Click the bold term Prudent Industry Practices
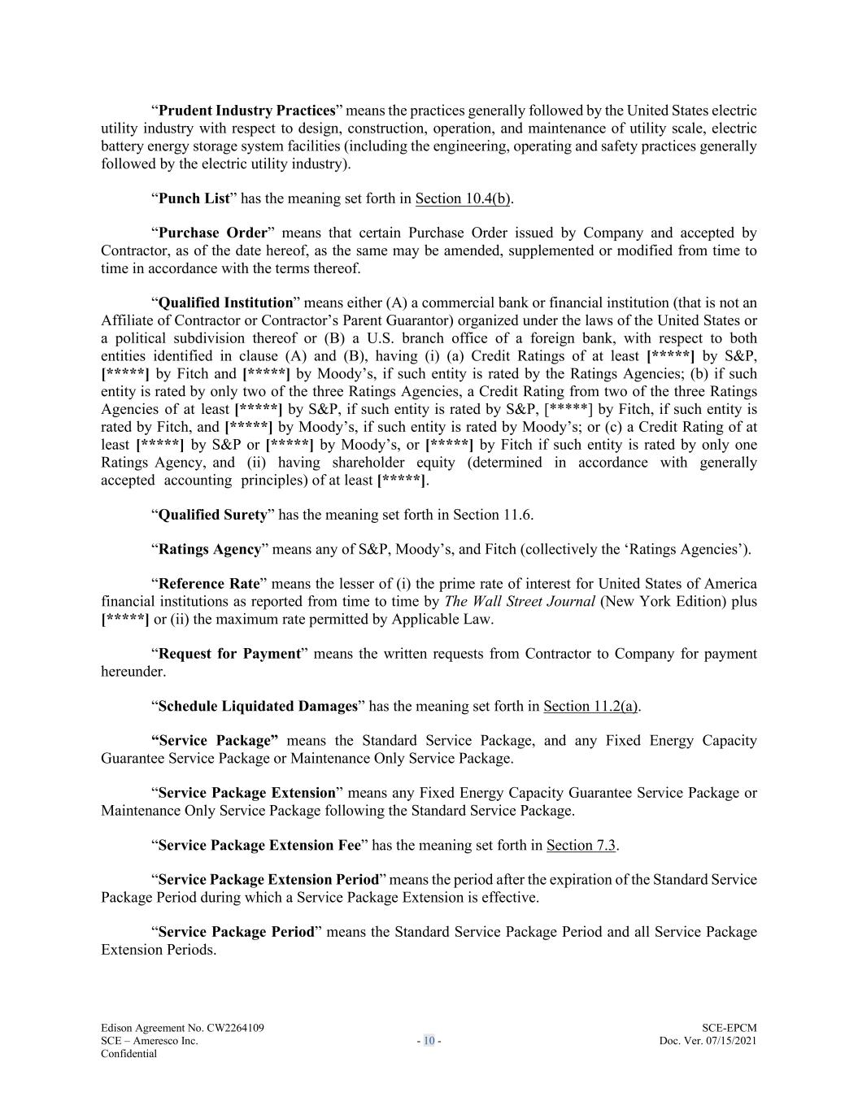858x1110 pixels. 247,111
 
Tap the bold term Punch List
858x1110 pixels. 194,198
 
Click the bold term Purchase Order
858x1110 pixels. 213,233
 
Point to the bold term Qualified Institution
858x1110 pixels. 225,303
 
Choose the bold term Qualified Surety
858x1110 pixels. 212,515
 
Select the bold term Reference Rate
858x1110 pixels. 209,584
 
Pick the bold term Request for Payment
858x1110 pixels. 229,654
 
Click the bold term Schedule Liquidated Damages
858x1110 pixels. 258,707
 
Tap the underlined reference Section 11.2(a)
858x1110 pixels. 590,707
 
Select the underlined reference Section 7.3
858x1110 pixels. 581,846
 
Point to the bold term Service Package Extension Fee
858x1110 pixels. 259,846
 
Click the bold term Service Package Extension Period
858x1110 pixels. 268,880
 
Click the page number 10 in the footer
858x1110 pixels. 429,1041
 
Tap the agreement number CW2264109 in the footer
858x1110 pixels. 236,1028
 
